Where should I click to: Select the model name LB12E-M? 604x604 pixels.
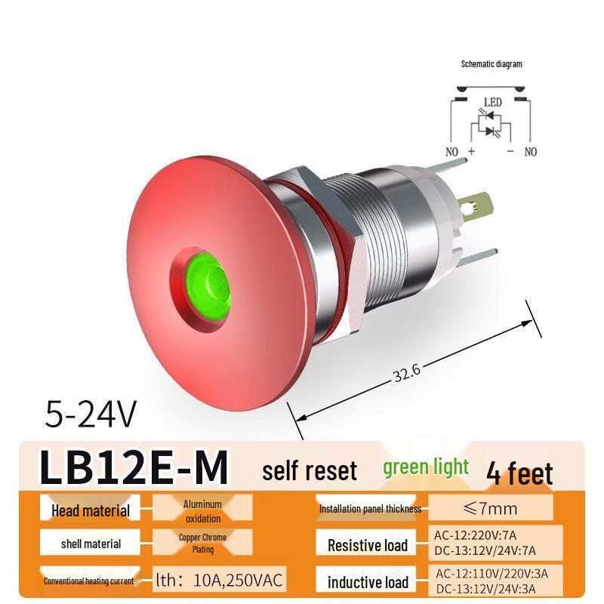pos(133,468)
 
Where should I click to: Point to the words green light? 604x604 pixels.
pos(426,467)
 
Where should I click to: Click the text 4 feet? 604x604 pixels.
pos(519,473)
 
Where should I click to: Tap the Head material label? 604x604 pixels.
pos(91,510)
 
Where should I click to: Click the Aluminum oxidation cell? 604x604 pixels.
pos(202,511)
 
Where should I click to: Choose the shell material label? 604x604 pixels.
pos(91,544)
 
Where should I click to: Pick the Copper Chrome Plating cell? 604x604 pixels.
pos(202,544)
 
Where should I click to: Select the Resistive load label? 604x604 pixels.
pos(368,545)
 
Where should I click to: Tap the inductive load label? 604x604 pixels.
pos(368,582)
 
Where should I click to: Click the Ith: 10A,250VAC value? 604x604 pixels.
pos(219,580)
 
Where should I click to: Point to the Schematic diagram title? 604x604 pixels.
pos(492,64)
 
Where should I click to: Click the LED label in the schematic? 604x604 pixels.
pos(492,102)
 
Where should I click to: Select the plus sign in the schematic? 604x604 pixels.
pos(471,151)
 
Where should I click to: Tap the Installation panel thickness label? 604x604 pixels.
pos(370,509)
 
